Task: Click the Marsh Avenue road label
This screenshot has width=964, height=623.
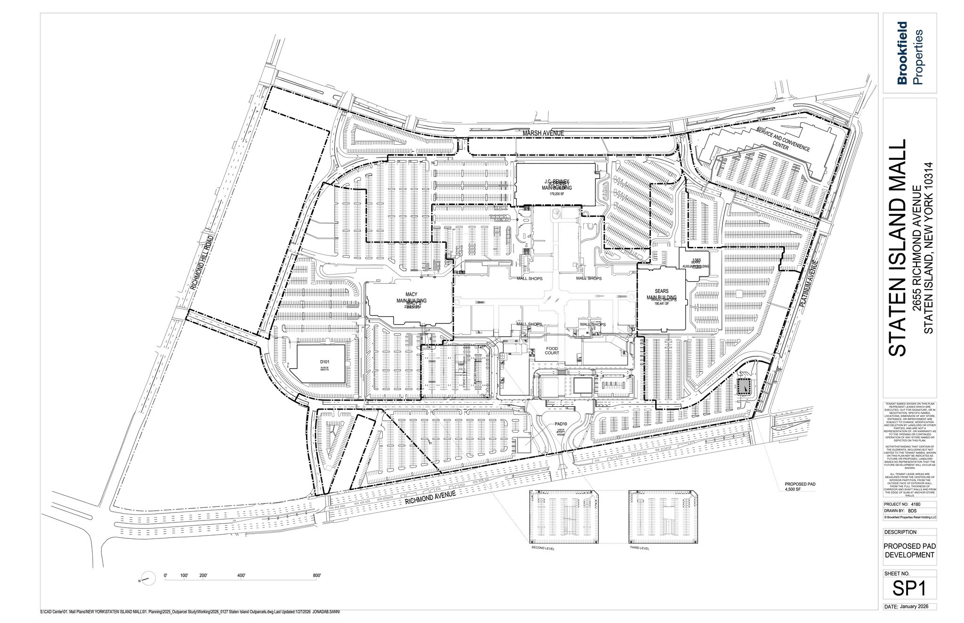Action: click(544, 134)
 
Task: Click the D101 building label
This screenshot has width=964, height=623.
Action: click(323, 362)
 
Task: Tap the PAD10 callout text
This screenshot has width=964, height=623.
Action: click(561, 423)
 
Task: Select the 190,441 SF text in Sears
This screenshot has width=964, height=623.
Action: click(661, 304)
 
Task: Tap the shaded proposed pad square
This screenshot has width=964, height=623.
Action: click(742, 386)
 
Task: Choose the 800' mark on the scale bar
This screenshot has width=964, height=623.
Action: click(316, 576)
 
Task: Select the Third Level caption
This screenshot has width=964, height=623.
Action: click(639, 548)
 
